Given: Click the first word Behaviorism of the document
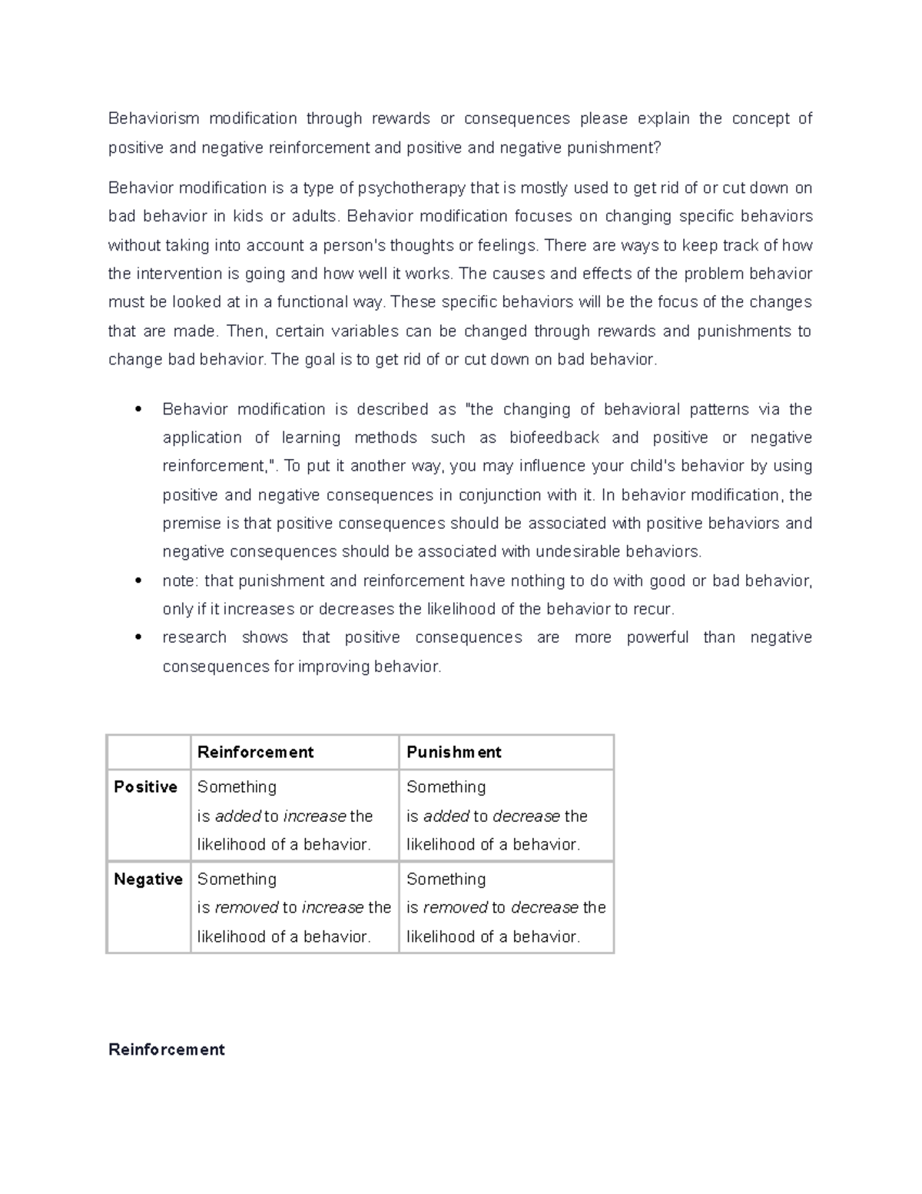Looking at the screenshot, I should pyautogui.click(x=154, y=118).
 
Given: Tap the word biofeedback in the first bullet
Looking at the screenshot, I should pyautogui.click(x=554, y=437).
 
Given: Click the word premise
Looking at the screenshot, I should pyautogui.click(x=191, y=524).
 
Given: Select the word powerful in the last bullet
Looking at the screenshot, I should pyautogui.click(x=657, y=637).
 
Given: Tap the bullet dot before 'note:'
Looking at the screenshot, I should pyautogui.click(x=138, y=581).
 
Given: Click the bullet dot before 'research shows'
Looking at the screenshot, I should pyautogui.click(x=138, y=637).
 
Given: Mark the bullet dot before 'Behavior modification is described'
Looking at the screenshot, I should pyautogui.click(x=138, y=410).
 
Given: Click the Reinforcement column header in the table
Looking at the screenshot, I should pyautogui.click(x=255, y=752).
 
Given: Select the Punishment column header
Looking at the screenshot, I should pyautogui.click(x=453, y=752).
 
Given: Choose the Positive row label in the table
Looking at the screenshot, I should pyautogui.click(x=145, y=787).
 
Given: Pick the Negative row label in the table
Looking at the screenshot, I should pyautogui.click(x=148, y=879).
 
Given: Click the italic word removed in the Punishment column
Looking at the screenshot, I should pyautogui.click(x=455, y=908).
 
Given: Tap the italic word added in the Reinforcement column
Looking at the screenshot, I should pyautogui.click(x=237, y=816).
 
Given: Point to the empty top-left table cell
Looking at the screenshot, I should pyautogui.click(x=148, y=752).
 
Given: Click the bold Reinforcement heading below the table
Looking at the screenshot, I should pyautogui.click(x=167, y=1049).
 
